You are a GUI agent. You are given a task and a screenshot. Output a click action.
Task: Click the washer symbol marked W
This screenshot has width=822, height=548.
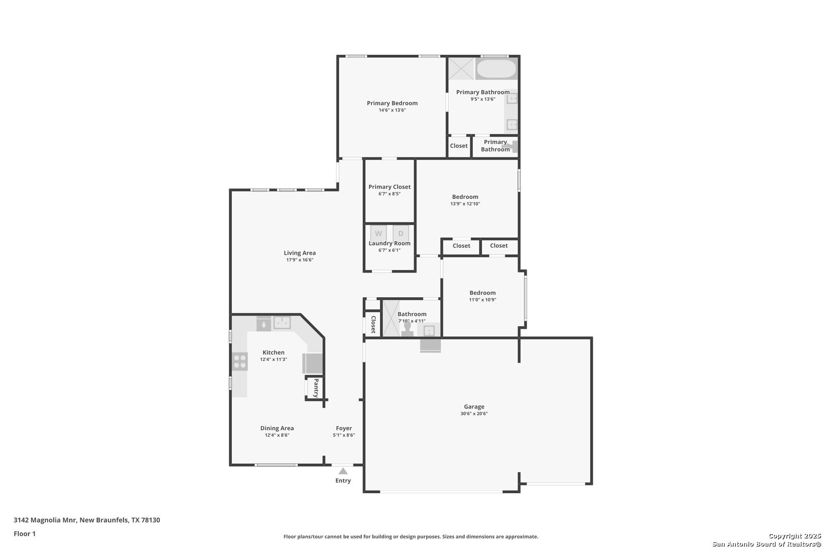pos(379,233)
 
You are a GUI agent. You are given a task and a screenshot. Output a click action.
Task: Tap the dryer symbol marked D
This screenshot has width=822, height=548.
pos(401,233)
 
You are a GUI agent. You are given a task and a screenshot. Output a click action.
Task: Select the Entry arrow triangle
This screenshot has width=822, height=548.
pos(342,471)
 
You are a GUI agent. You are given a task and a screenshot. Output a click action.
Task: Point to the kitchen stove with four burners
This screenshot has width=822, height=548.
pos(240,361)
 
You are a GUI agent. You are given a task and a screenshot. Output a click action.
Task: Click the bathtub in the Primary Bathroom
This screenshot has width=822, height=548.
pos(497,68)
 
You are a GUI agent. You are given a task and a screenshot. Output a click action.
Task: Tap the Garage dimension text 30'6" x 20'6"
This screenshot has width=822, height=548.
pos(474,414)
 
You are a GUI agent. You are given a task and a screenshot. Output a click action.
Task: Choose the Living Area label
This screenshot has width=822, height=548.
pos(299,253)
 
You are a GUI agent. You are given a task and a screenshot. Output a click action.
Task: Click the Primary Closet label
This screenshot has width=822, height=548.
pos(389,187)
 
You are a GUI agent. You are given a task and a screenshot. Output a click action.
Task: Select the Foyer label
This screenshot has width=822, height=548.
pos(344,428)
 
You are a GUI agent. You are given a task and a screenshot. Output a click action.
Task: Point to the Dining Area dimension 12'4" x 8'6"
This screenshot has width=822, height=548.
pos(277,435)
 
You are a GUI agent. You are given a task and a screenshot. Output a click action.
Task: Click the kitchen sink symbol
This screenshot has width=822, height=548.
pos(282,323)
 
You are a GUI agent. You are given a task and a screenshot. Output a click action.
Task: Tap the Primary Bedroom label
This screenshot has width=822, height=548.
pos(392,103)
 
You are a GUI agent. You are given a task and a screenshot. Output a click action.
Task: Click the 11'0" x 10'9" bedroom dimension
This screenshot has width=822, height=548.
pos(483,300)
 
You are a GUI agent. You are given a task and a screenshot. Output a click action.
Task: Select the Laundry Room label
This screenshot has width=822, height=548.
pos(389,244)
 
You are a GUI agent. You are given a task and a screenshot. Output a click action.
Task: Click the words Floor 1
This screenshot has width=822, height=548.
pos(24,534)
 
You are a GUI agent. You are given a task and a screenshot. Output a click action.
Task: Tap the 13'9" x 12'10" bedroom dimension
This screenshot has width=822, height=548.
pos(465,203)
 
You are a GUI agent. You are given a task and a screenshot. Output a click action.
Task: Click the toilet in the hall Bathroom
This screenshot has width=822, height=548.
pos(407,329)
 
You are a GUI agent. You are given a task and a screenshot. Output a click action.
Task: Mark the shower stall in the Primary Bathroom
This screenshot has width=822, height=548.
pos(462,68)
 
